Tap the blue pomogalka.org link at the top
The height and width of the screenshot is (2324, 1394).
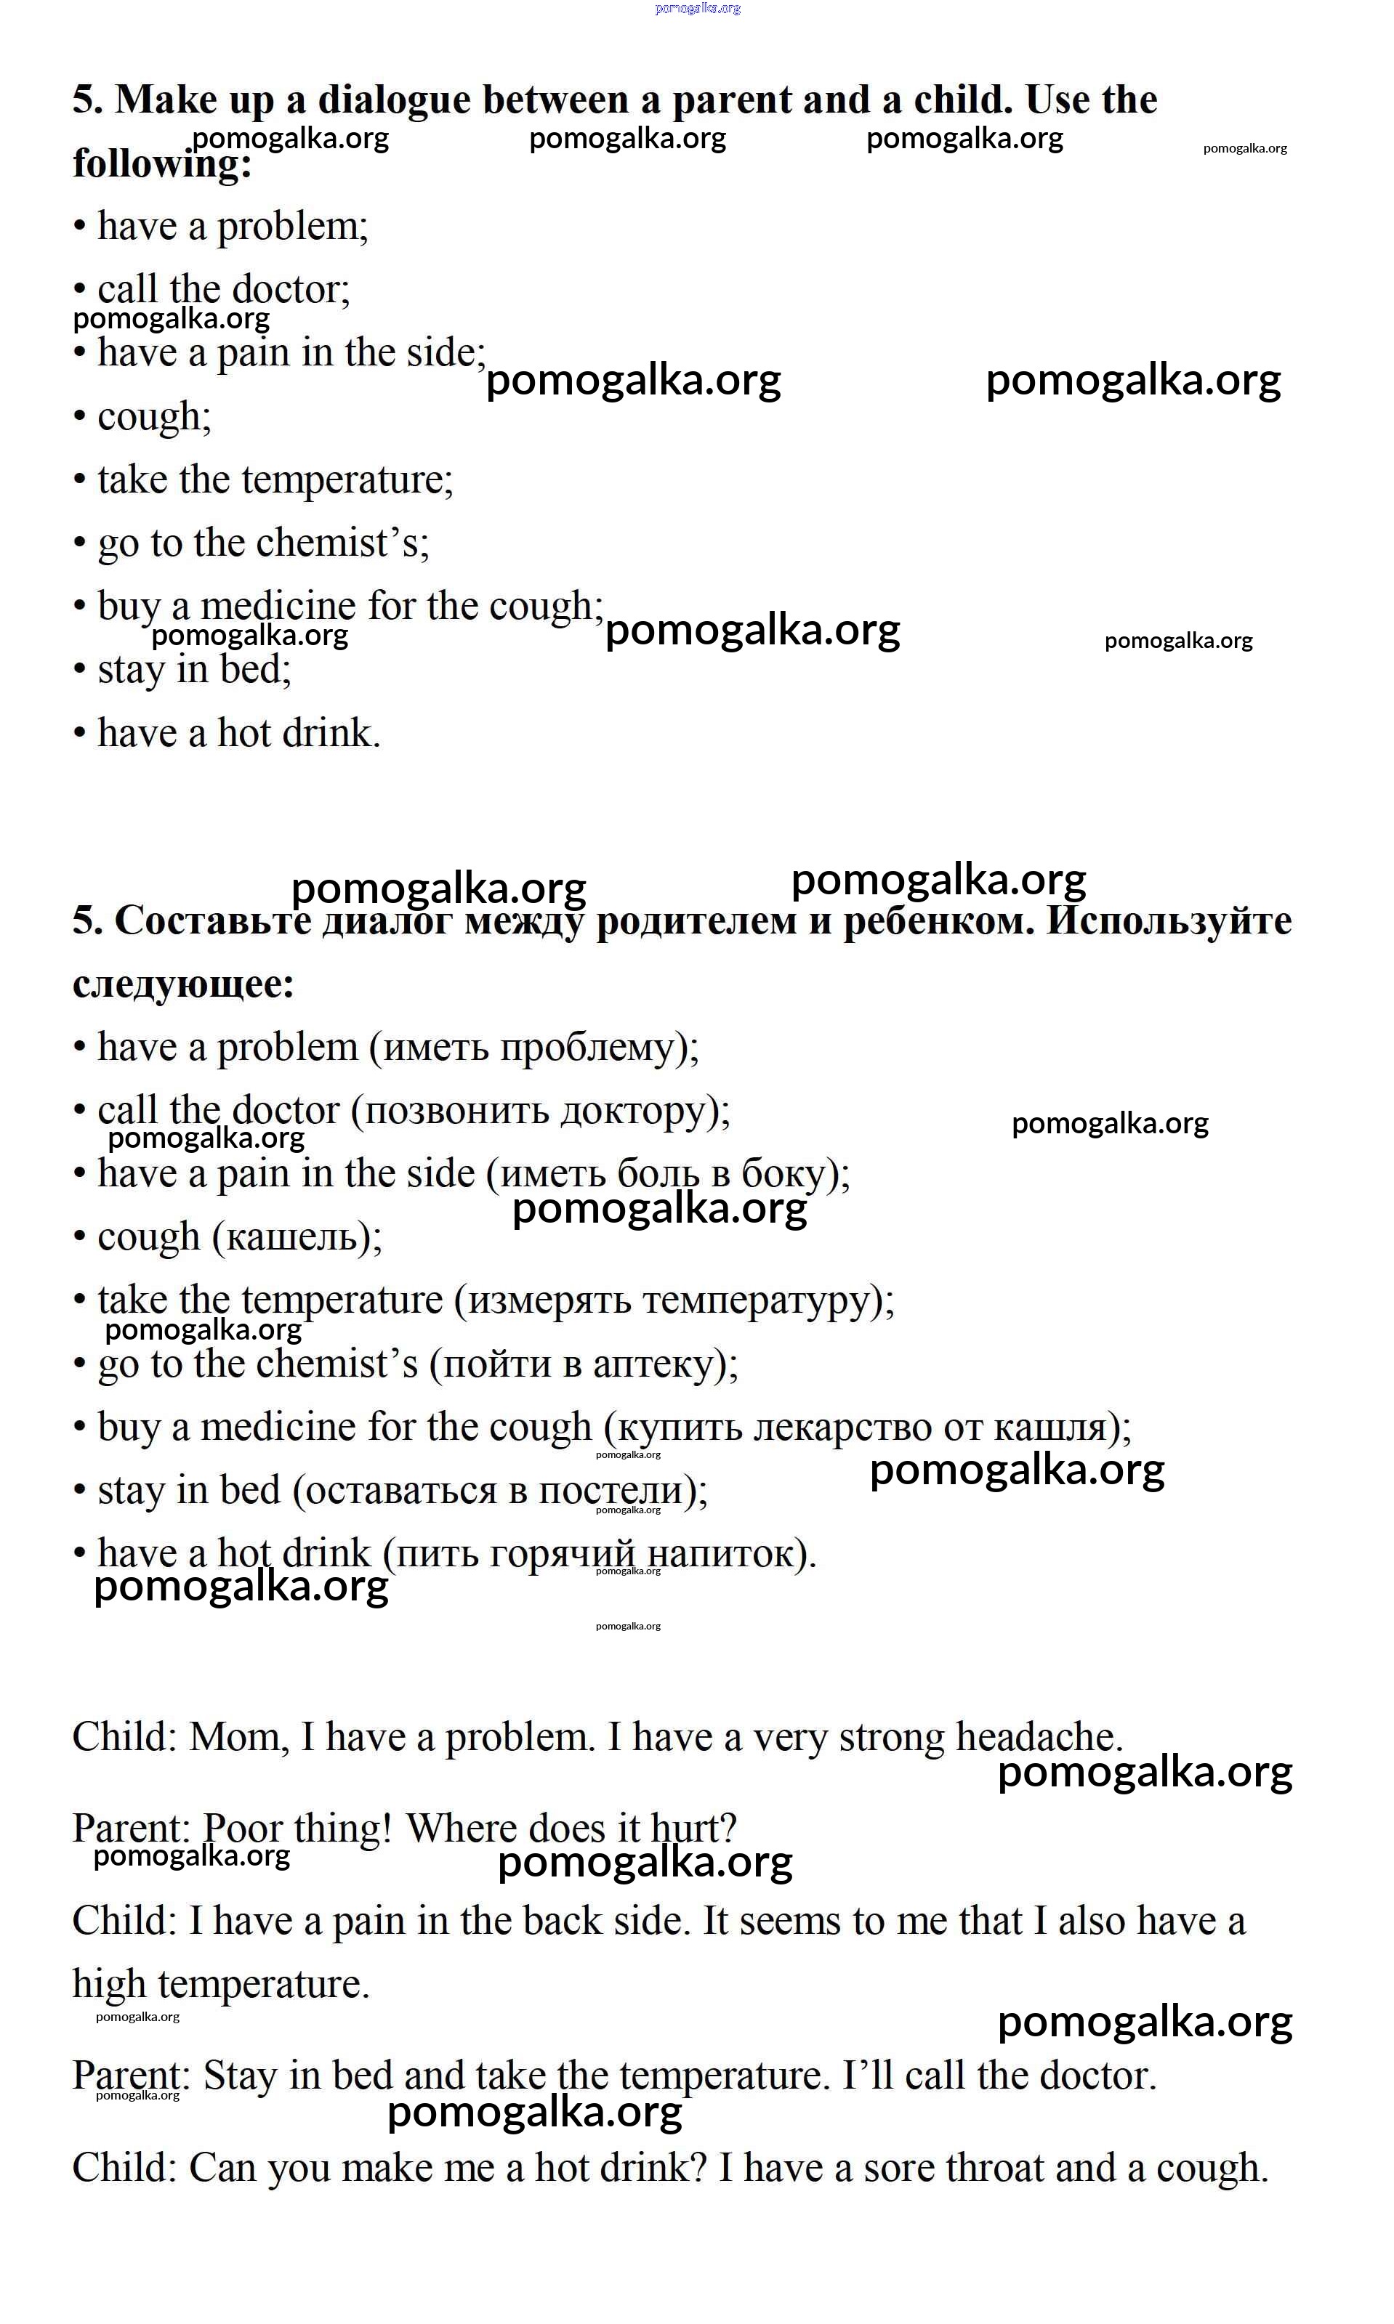[x=697, y=9]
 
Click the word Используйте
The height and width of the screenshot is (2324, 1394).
[x=1169, y=921]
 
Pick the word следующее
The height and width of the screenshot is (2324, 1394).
[x=183, y=984]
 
